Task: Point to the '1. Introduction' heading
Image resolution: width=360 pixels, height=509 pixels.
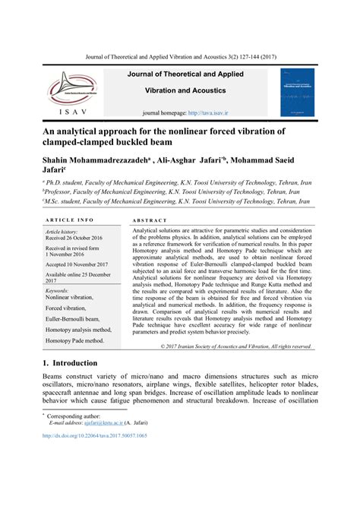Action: click(x=70, y=363)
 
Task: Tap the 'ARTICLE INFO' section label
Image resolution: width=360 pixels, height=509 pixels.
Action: click(x=69, y=220)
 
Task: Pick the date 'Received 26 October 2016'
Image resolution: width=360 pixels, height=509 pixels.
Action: click(x=74, y=238)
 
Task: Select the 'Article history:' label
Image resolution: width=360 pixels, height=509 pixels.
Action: click(x=62, y=231)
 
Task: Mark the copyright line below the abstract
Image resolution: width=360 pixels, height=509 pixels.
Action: click(x=235, y=346)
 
